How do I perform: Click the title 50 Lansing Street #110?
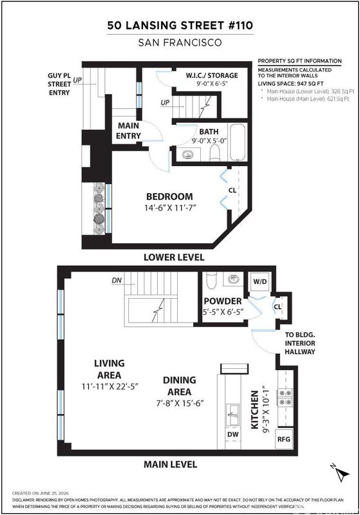(180, 25)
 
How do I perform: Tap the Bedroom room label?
(169, 196)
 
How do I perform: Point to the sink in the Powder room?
(234, 280)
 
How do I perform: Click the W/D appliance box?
(260, 281)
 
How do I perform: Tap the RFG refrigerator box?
(284, 439)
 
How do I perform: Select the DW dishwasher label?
(232, 434)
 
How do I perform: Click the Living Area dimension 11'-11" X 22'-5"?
(109, 386)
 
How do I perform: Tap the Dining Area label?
(179, 386)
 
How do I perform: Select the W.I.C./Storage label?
(211, 75)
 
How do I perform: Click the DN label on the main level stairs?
(117, 280)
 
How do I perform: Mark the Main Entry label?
(128, 131)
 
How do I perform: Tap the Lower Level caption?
(174, 257)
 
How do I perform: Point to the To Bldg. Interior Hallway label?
(300, 343)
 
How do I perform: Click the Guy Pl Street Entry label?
(59, 84)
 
